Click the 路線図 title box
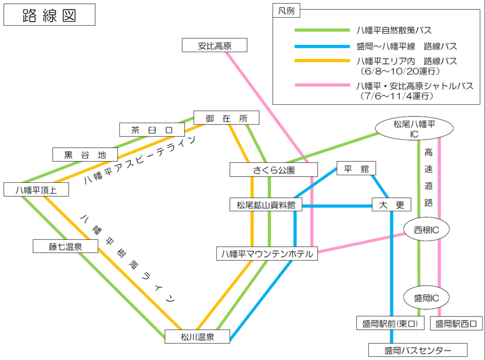coord(49,15)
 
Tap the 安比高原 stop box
coord(215,45)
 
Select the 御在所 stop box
coord(226,117)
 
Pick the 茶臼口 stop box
coord(152,130)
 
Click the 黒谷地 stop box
coord(85,154)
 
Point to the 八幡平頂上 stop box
coord(36,189)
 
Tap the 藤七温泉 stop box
coord(65,246)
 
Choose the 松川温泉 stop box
coord(198,336)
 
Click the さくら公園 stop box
coord(274,170)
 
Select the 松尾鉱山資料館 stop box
coord(266,205)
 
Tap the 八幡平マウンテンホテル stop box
coord(267,253)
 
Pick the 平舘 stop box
coord(356,168)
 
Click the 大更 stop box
coord(392,205)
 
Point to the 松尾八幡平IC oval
coord(414,128)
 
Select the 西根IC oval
coord(426,229)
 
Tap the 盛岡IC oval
coord(426,297)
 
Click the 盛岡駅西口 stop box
coord(456,323)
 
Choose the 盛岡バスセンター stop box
coord(418,350)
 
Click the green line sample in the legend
coord(322,30)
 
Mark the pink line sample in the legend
coord(322,85)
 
